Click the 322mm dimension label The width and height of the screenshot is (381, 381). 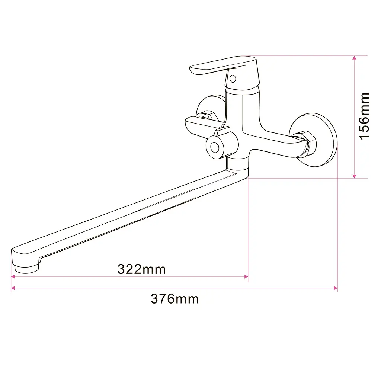[141, 269]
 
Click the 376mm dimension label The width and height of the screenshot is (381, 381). [175, 299]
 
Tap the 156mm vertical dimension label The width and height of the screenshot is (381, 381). [364, 116]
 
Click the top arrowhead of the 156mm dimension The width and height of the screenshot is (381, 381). [354, 58]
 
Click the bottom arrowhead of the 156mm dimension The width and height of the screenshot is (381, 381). [354, 176]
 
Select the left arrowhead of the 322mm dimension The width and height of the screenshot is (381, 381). [13, 276]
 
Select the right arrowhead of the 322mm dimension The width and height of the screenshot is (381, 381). [246, 276]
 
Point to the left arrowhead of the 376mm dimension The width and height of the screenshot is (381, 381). [13, 288]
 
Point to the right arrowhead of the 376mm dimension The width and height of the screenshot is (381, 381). [336, 288]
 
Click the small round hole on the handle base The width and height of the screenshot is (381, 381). [233, 79]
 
